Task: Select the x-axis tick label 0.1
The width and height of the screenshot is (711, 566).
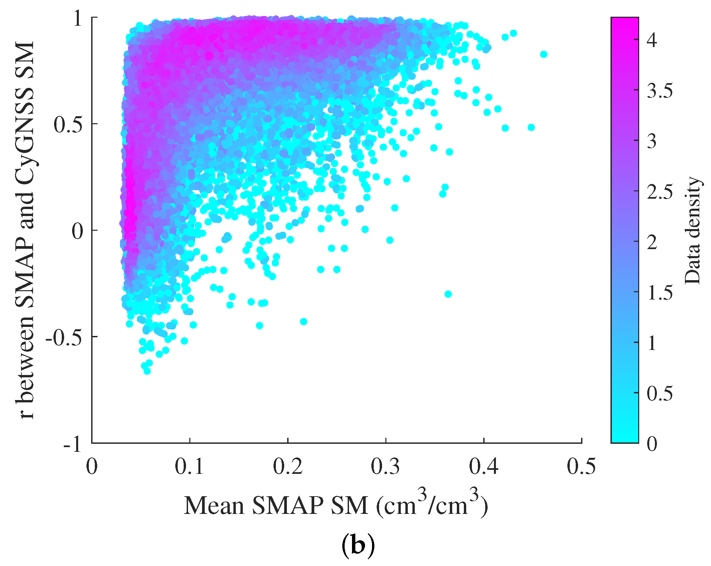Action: pos(189,467)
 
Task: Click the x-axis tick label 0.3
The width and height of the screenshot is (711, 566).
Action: pos(385,467)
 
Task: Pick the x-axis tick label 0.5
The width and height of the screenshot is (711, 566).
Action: pos(581,467)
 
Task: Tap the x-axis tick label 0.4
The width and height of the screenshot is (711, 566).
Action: pos(483,467)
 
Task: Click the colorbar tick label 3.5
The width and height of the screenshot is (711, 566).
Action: pos(660,90)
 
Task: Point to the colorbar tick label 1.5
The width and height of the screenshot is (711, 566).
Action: pos(660,293)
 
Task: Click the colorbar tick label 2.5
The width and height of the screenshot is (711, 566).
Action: pos(660,192)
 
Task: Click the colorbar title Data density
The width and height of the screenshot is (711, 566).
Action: pos(692,230)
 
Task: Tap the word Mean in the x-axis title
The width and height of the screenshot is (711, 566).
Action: pos(214,506)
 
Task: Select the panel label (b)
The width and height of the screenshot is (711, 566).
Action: pos(358,546)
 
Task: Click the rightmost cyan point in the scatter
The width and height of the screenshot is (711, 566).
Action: pos(544,54)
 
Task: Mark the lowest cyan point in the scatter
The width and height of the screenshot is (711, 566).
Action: pos(147,371)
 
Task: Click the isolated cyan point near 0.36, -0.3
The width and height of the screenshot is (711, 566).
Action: pos(448,294)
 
